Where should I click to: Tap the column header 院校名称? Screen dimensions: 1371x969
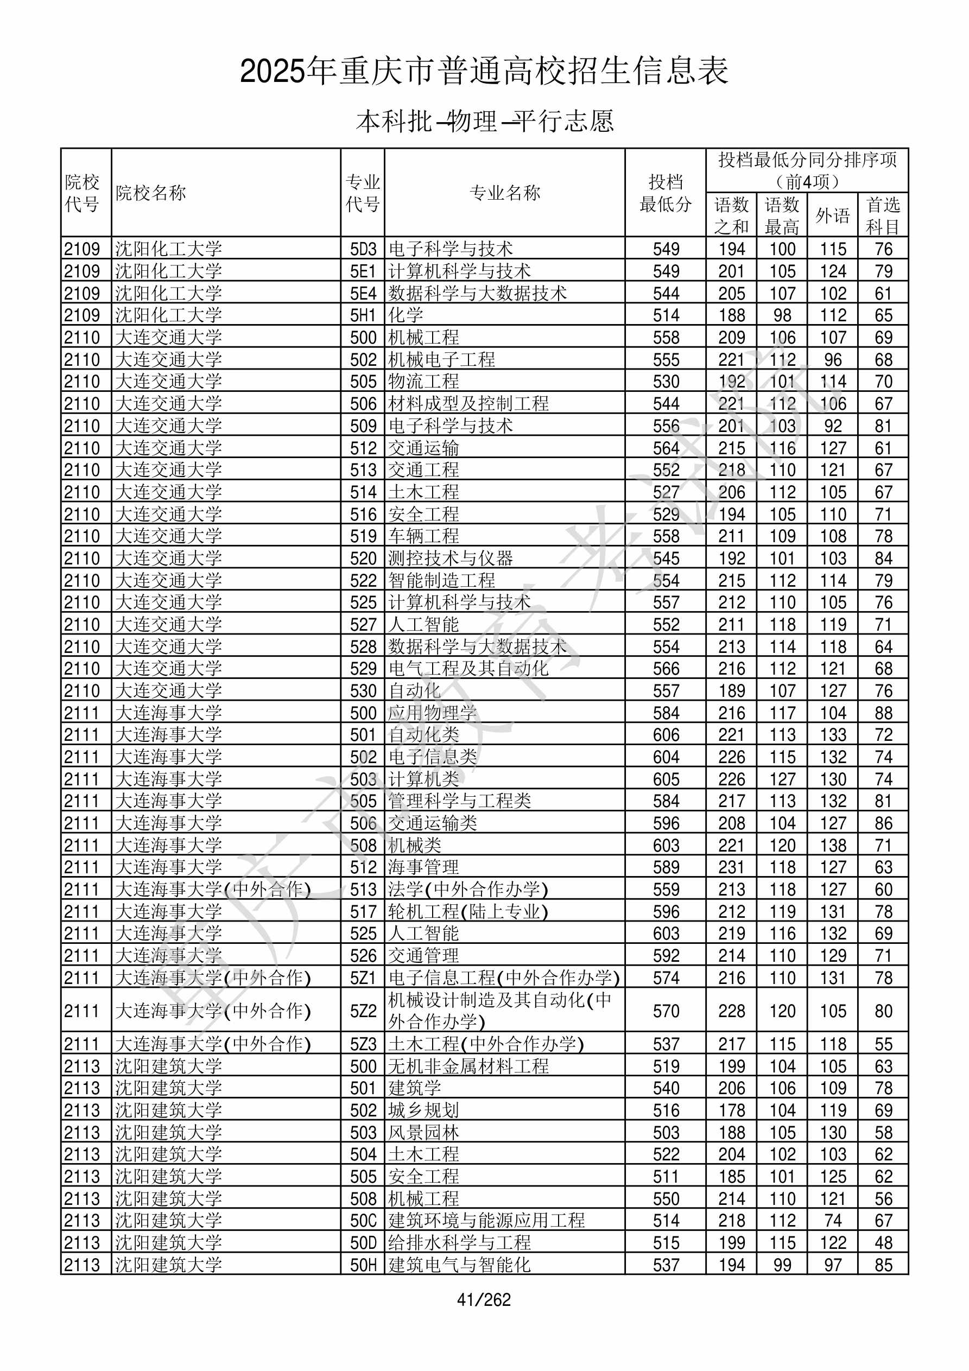(x=150, y=193)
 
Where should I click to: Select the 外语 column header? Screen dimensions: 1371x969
(x=832, y=215)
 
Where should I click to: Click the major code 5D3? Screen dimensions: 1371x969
(x=363, y=249)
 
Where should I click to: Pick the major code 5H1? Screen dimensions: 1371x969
(x=363, y=315)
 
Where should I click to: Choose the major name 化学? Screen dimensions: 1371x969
(x=406, y=315)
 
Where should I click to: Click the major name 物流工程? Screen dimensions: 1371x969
(x=423, y=382)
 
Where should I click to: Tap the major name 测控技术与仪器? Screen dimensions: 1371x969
(x=451, y=558)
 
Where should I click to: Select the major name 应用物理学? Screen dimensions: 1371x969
(x=433, y=713)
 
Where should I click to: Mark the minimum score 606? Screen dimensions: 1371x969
(x=666, y=735)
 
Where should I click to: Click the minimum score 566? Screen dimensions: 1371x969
(x=666, y=669)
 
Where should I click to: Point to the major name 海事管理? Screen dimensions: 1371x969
(x=423, y=867)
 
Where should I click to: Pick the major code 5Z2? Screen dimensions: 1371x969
(x=363, y=1011)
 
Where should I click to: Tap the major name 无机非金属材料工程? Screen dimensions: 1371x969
(x=468, y=1067)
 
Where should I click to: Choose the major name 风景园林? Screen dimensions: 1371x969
(x=423, y=1133)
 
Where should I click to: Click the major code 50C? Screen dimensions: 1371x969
(x=363, y=1221)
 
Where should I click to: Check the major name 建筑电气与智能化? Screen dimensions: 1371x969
(x=459, y=1265)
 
